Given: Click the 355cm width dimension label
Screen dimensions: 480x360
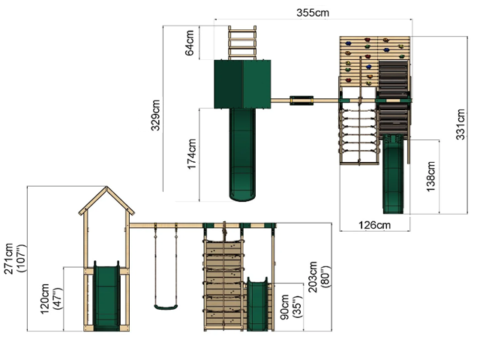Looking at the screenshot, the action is [x=313, y=13].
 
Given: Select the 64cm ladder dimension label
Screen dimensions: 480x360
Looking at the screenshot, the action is [x=190, y=43].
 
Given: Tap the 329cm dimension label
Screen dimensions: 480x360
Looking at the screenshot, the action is [x=155, y=115].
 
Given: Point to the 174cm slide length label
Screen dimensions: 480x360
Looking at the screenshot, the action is [x=192, y=154].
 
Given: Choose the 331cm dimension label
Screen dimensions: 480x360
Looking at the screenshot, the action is [x=460, y=124].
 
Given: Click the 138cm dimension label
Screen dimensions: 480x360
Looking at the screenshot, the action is [x=431, y=177].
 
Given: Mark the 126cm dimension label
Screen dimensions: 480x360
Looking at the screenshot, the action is [x=375, y=225].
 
